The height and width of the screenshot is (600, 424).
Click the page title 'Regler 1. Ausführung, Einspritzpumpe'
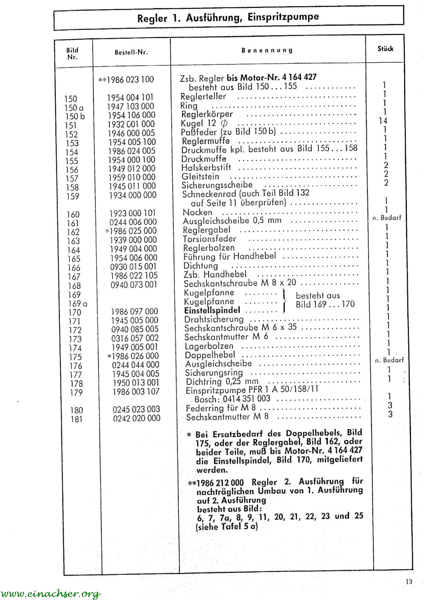tap(228, 17)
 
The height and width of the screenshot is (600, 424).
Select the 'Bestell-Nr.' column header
tap(131, 52)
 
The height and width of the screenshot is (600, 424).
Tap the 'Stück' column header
tap(385, 49)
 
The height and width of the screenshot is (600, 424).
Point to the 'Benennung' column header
tap(267, 50)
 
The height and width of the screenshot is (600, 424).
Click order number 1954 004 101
tap(130, 98)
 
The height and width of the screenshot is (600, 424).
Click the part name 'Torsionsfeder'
tap(210, 239)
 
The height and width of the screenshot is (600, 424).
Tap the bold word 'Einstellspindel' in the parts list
tap(212, 310)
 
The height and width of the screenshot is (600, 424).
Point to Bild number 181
tap(77, 419)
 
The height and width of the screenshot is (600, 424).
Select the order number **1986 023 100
tap(126, 80)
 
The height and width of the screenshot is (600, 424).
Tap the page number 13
tap(409, 582)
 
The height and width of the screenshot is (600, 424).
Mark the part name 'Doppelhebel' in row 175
tap(210, 355)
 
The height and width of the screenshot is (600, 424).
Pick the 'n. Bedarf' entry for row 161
tap(387, 218)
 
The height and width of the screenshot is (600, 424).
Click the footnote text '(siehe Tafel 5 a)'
tap(227, 527)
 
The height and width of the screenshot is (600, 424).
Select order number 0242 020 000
tap(136, 418)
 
